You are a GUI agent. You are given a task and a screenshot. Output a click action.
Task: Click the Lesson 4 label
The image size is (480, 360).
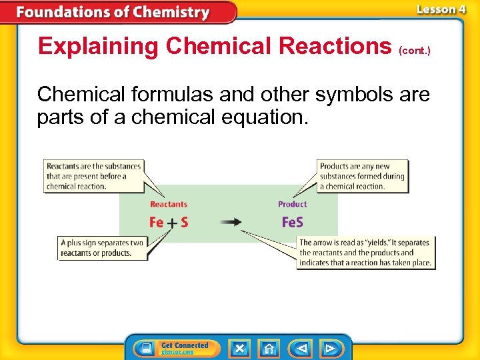[x=441, y=9]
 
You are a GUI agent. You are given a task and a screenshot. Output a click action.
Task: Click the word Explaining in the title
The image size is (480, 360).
[x=99, y=46]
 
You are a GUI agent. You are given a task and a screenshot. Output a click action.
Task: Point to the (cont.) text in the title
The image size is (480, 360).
[x=415, y=49]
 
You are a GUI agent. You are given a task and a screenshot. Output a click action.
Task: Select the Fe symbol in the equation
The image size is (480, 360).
[x=157, y=222]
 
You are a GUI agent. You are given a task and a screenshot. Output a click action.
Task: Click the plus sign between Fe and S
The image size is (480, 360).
[x=171, y=223]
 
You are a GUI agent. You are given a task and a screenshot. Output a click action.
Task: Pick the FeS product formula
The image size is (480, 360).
[x=292, y=222]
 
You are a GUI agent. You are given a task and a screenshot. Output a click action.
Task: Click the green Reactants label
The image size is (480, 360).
[x=169, y=205]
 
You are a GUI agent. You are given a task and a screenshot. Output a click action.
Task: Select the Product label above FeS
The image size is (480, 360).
[x=292, y=205]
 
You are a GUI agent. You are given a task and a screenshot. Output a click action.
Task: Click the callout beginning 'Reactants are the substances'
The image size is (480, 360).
[x=94, y=176]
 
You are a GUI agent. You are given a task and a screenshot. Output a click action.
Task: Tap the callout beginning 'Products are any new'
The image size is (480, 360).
[x=362, y=176]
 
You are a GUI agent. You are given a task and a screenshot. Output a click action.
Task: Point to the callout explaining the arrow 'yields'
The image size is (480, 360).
[x=365, y=253]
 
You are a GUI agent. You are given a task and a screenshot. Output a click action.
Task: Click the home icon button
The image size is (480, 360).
[x=269, y=348]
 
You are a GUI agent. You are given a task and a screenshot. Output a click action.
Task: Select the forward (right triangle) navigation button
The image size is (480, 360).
[x=329, y=348]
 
